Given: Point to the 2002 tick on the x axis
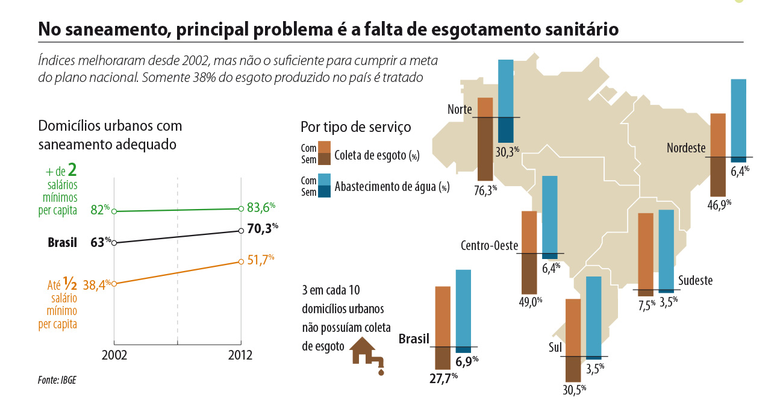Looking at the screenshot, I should (x=114, y=355).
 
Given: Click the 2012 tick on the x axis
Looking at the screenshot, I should (x=240, y=355).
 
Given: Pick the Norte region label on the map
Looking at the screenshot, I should (x=460, y=110).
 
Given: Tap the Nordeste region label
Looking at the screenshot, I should (x=686, y=148).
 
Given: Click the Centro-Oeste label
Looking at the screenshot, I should (x=490, y=246).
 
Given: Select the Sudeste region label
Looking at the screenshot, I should (x=695, y=280).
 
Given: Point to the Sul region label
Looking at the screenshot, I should (x=555, y=348).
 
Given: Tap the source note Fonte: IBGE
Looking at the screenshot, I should (x=57, y=380).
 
